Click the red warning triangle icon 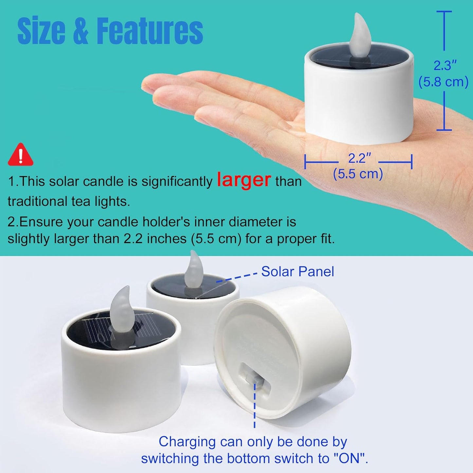coord(21,155)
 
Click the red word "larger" coord(244,180)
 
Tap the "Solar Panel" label coord(298,272)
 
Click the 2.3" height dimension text coord(445,65)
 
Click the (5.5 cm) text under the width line coord(358,174)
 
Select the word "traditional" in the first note coord(38,201)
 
